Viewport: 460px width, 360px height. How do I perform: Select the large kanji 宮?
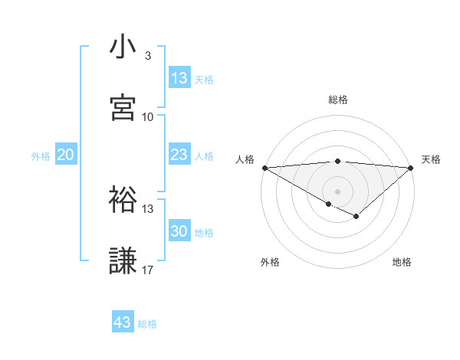pyautogui.click(x=123, y=108)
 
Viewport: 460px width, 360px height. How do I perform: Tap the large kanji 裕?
pyautogui.click(x=123, y=200)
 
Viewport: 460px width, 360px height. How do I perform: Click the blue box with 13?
pyautogui.click(x=179, y=78)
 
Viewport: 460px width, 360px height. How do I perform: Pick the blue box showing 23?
pyautogui.click(x=179, y=155)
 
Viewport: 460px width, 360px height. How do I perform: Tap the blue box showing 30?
pyautogui.click(x=179, y=231)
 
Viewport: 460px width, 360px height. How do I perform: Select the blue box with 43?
pyautogui.click(x=123, y=322)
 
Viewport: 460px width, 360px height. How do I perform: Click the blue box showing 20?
pyautogui.click(x=65, y=155)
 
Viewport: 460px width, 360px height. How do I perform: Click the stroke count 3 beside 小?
pyautogui.click(x=147, y=56)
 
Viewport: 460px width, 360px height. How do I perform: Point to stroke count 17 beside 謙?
pyautogui.click(x=147, y=270)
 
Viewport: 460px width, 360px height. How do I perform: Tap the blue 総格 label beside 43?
pyautogui.click(x=148, y=324)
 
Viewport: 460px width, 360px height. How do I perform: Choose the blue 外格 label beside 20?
pyautogui.click(x=41, y=156)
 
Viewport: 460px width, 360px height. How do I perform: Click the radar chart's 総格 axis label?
pyautogui.click(x=338, y=100)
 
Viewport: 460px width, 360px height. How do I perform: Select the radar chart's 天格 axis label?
pyautogui.click(x=432, y=159)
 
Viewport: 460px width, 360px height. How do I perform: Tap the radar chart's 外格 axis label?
pyautogui.click(x=270, y=262)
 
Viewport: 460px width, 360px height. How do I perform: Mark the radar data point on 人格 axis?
pyautogui.click(x=264, y=167)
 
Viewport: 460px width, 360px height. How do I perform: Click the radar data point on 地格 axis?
pyautogui.click(x=356, y=217)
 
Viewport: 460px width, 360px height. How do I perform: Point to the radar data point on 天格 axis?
pyautogui.click(x=411, y=167)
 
